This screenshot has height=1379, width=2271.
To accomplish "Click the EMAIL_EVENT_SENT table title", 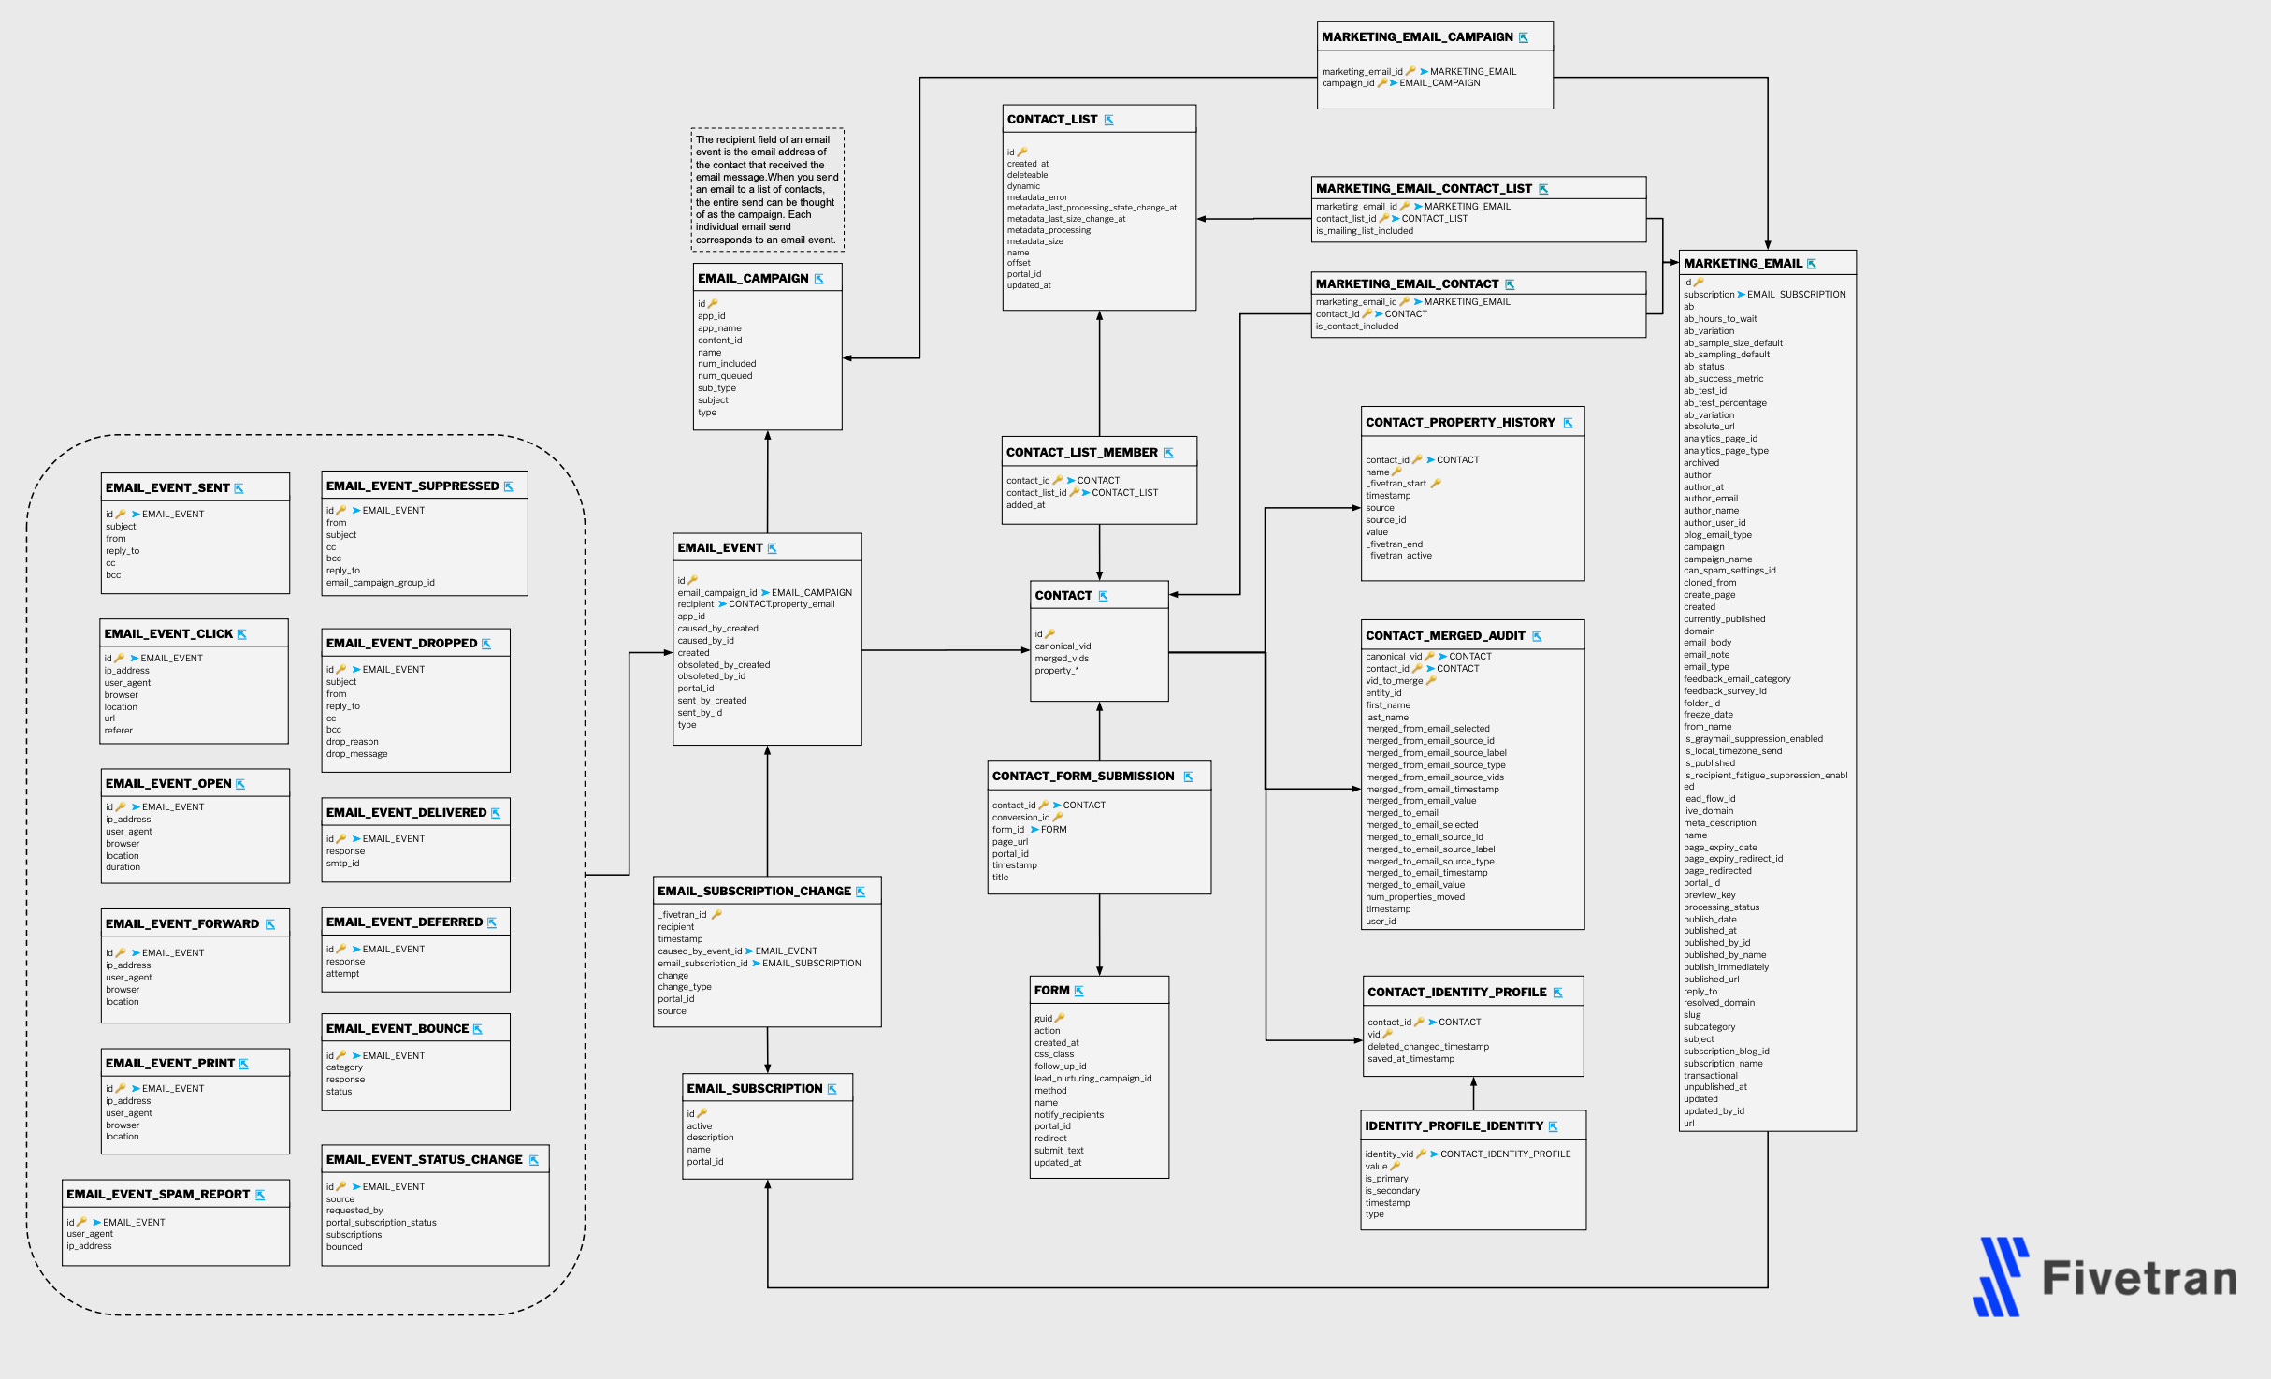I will coord(167,487).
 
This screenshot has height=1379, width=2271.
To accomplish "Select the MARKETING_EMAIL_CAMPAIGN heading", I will coord(1416,37).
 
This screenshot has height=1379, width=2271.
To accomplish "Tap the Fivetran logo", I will coord(2104,1277).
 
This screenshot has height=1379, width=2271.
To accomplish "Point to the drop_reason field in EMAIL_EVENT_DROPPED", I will coord(352,742).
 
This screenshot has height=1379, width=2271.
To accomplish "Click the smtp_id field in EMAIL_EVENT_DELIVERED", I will coord(342,864).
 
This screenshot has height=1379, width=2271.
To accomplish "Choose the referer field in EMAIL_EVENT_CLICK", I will coord(119,731).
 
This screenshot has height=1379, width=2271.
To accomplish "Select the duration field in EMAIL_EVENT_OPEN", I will coord(123,867).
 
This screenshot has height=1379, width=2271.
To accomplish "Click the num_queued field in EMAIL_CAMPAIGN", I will coord(725,376).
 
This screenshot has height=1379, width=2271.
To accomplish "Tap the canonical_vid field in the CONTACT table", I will coord(1063,646).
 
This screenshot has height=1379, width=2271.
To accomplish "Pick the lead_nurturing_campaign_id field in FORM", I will coord(1092,1079).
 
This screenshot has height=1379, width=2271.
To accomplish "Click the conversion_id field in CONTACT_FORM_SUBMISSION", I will coord(1020,818).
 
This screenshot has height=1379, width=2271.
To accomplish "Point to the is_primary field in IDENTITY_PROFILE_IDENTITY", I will coord(1386,1179).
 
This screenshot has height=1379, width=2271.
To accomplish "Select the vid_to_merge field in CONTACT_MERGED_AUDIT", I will coord(1394,681).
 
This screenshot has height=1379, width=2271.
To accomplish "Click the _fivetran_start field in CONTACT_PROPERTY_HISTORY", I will coord(1396,484).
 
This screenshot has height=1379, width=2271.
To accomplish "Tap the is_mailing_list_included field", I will coord(1365,231).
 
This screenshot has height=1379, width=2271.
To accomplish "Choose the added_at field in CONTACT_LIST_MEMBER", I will coord(1025,505).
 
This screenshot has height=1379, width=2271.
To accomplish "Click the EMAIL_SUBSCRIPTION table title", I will coord(754,1088).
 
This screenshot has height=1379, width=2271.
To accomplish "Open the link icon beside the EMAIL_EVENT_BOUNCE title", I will coord(478,1029).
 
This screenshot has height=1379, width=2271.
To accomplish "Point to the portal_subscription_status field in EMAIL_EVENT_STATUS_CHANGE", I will coord(381,1223).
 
